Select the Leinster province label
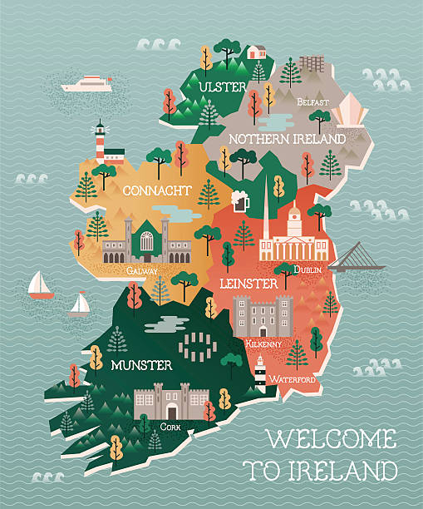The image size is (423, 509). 248,284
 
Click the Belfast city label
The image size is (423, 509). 313,103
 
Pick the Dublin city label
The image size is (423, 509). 308,269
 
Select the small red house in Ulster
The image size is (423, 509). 257,52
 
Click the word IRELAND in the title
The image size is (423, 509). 350,471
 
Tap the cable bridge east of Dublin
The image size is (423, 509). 357,260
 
